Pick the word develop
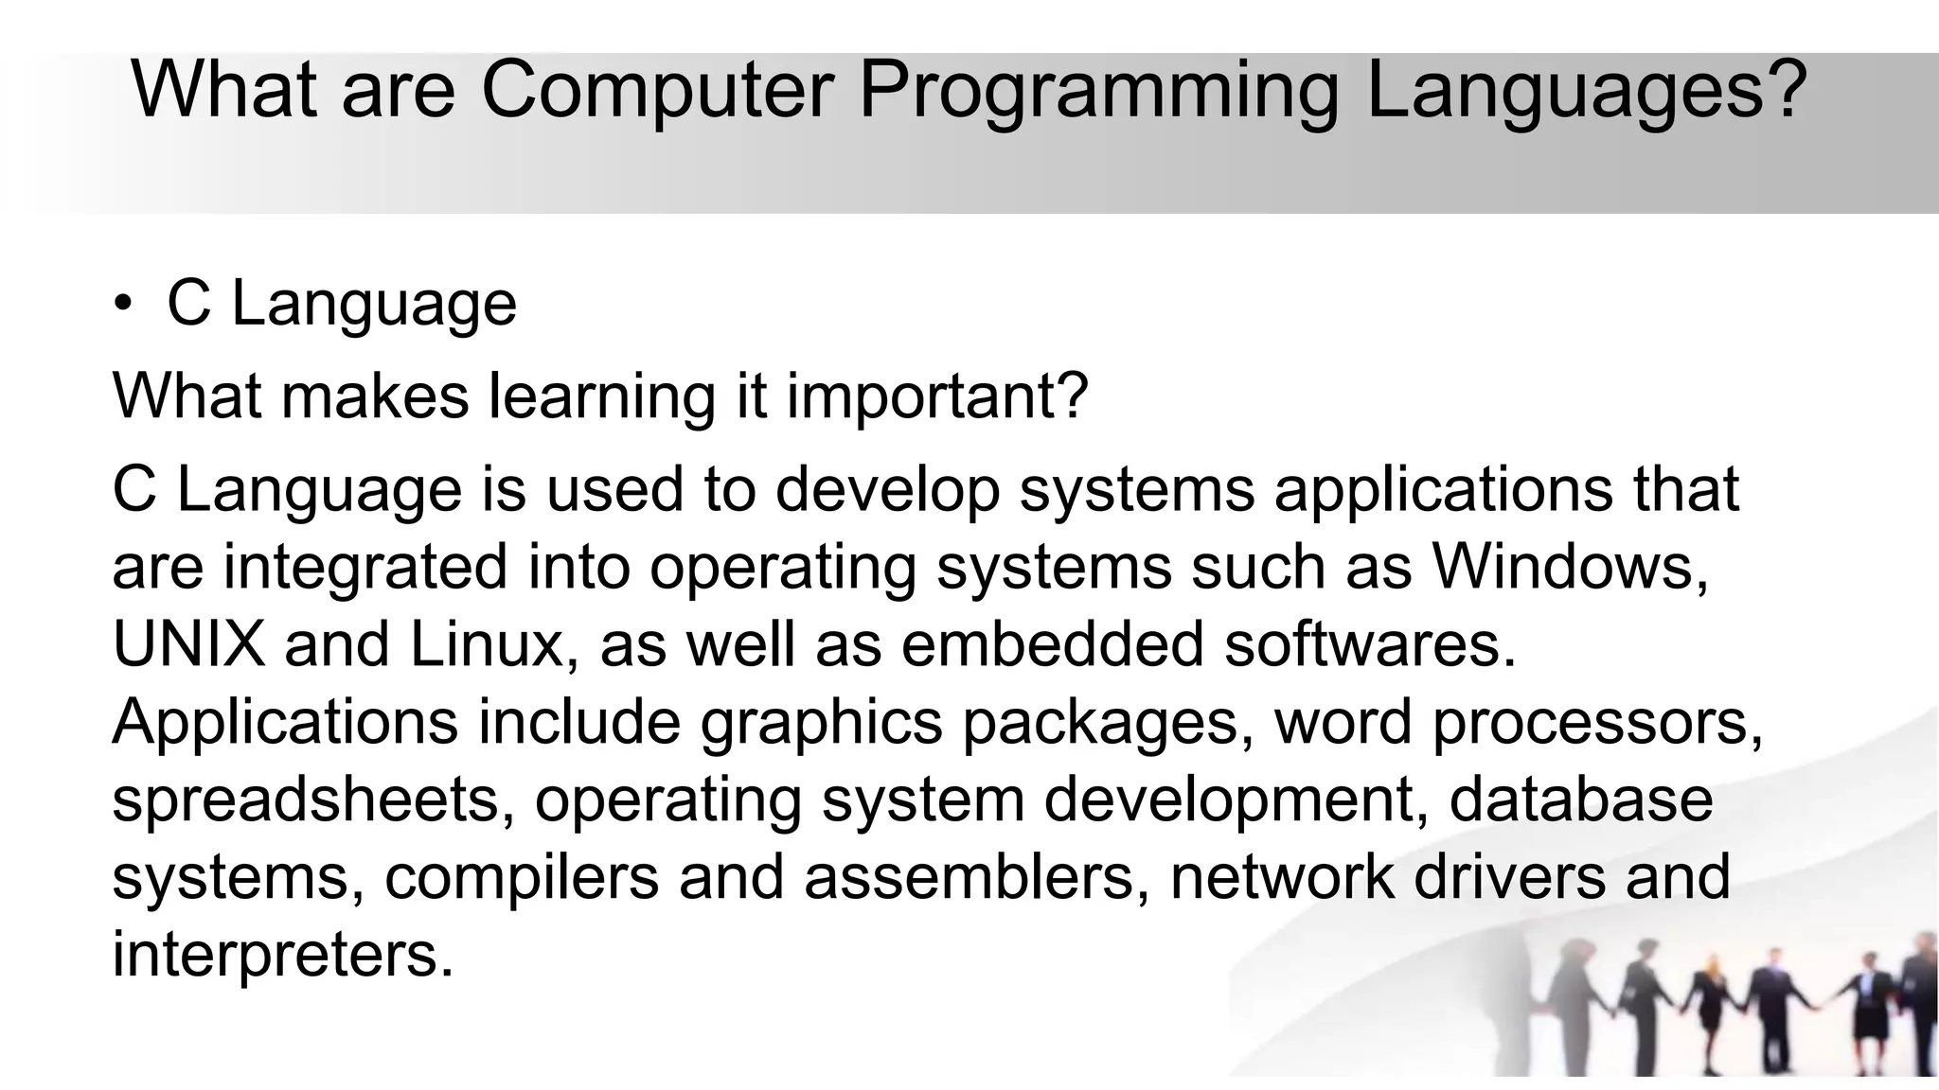[x=887, y=490]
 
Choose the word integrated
[x=365, y=568]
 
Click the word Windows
[x=1570, y=568]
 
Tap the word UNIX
[x=188, y=644]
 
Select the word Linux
[x=488, y=644]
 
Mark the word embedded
[x=1052, y=644]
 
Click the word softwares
[x=1369, y=644]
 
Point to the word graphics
[x=821, y=723]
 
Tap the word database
[x=1580, y=800]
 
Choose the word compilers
[x=521, y=878]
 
